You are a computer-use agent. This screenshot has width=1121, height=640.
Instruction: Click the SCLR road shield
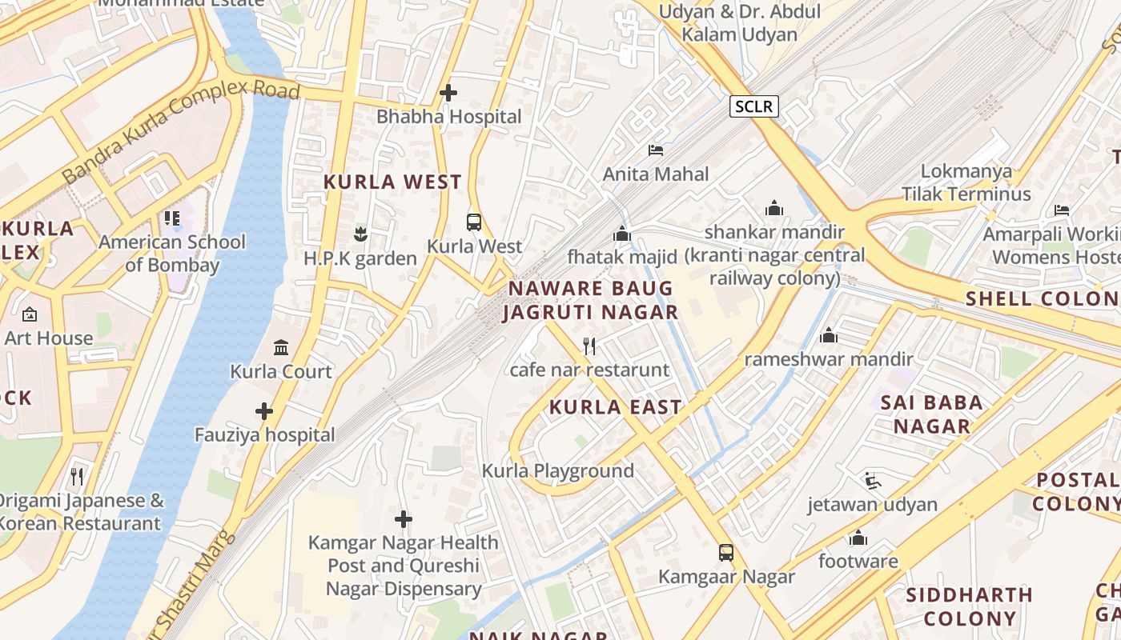coord(753,106)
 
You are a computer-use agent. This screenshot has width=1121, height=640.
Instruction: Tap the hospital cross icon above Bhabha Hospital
coord(448,93)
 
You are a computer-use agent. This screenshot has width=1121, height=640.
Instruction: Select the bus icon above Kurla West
coord(474,222)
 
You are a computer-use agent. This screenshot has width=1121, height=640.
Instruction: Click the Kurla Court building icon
coord(281,347)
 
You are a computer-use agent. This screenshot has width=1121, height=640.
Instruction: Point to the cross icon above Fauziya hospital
coord(264,411)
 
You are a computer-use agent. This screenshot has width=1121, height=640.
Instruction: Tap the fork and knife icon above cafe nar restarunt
coord(589,346)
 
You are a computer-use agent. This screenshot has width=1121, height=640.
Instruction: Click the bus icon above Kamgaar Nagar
coord(726,553)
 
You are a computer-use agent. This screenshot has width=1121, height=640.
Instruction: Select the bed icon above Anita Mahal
coord(656,150)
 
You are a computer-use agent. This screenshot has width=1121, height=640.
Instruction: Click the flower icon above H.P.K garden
coord(360,234)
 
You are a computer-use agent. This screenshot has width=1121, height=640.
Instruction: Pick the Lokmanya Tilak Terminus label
coord(966,182)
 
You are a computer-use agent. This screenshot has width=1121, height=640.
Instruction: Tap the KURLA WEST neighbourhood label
coord(392,182)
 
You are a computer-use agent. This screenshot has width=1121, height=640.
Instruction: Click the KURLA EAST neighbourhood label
coord(615,407)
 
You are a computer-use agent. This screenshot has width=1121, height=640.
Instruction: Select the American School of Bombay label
coord(172,253)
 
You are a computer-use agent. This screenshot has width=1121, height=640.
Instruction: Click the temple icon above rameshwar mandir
coord(829,335)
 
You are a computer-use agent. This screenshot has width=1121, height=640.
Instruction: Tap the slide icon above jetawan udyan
coord(873,481)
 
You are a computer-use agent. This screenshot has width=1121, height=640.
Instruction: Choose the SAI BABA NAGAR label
coord(932,414)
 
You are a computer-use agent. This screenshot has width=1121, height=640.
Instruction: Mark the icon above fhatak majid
coord(622,234)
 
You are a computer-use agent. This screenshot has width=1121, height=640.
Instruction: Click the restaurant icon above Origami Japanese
coord(77,477)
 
